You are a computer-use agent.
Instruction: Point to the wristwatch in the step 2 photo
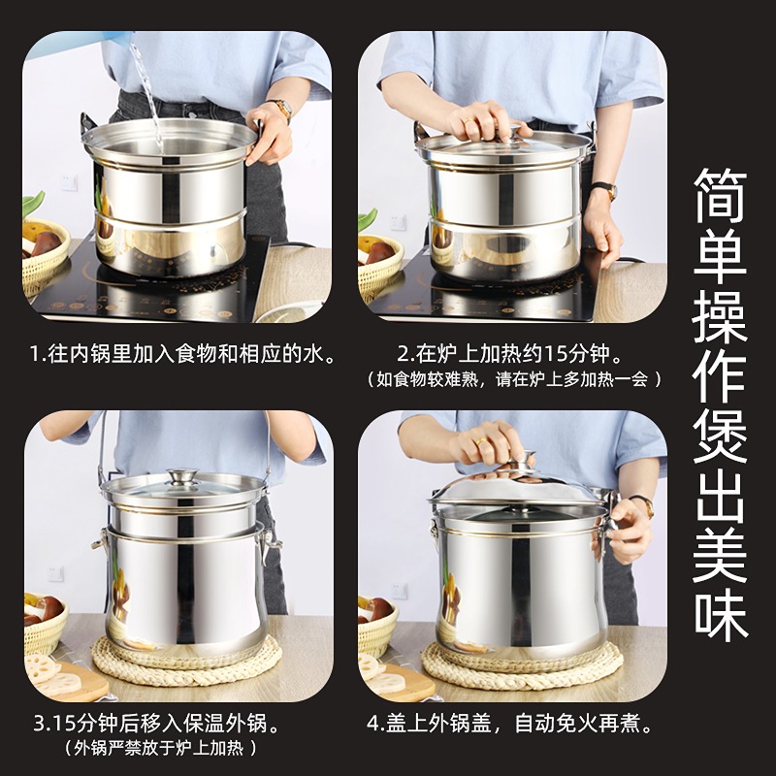pyautogui.click(x=605, y=190)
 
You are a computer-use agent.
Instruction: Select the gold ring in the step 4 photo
pyautogui.click(x=481, y=441)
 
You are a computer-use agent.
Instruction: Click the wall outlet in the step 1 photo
pyautogui.click(x=69, y=182)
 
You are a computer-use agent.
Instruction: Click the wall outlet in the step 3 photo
pyautogui.click(x=55, y=573)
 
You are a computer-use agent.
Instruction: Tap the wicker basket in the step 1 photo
pyautogui.click(x=45, y=257)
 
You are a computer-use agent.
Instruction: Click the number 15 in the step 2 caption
pyautogui.click(x=554, y=353)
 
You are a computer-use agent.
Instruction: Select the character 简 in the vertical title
pyautogui.click(x=720, y=196)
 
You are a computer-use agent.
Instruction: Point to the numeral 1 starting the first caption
pyautogui.click(x=34, y=354)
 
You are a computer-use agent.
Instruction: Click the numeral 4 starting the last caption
pyautogui.click(x=372, y=724)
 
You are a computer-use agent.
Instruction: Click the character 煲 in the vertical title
pyautogui.click(x=720, y=436)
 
